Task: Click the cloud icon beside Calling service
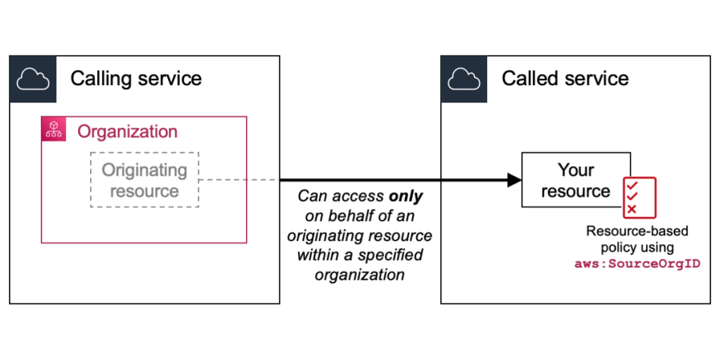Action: click(x=32, y=79)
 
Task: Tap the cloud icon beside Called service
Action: click(x=464, y=79)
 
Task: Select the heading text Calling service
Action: click(x=136, y=78)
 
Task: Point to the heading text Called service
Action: click(x=565, y=78)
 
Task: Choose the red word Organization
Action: click(x=127, y=131)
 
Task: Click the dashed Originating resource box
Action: click(x=144, y=180)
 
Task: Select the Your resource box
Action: click(x=575, y=180)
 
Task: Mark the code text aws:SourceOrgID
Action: click(x=638, y=263)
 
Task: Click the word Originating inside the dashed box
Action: click(x=144, y=170)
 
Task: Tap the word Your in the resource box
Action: click(x=576, y=170)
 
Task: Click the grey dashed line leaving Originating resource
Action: click(x=239, y=180)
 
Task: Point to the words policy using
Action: click(x=638, y=247)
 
